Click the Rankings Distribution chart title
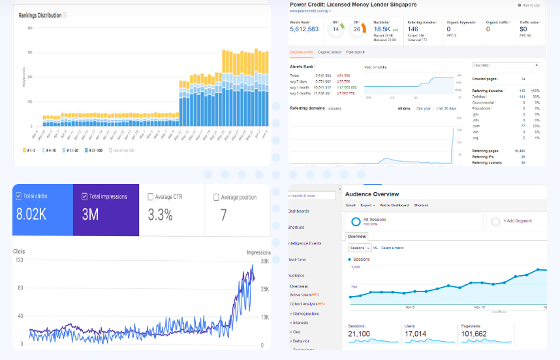click(40, 15)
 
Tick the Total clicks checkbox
click(20, 196)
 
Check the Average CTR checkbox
click(151, 196)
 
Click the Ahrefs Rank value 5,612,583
click(304, 29)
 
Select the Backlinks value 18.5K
click(382, 29)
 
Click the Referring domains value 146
click(413, 29)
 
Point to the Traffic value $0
click(523, 29)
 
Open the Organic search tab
click(330, 52)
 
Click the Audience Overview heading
click(371, 194)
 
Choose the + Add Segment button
click(517, 221)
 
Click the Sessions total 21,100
click(359, 333)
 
